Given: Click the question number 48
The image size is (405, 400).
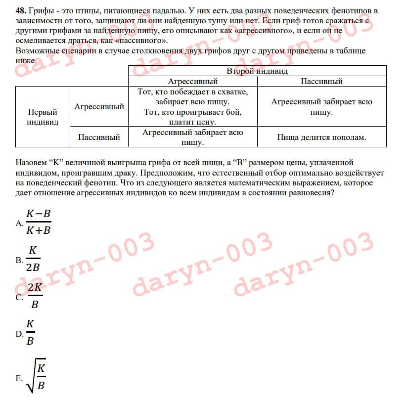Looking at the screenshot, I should [x=21, y=10].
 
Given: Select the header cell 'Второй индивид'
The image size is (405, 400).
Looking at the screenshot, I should [x=257, y=71].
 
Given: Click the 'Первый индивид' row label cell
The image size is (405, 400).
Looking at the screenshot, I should [x=42, y=117].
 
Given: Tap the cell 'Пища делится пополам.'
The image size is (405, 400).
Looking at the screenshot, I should [x=321, y=137].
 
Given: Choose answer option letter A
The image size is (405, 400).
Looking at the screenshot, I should [x=19, y=223].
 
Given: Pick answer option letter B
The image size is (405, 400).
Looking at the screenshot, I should [x=19, y=261].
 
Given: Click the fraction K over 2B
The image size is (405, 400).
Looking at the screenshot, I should [x=33, y=259].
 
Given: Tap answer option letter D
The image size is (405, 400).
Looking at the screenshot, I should [x=19, y=334].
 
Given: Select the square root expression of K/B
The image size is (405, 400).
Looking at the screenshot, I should [x=37, y=375].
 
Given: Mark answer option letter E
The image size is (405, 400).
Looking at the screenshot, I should [x=19, y=379].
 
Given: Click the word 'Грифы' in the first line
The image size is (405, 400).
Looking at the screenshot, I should [x=41, y=10].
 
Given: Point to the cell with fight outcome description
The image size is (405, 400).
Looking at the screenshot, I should [x=192, y=107].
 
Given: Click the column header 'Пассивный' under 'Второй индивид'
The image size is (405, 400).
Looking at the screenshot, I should [x=321, y=81].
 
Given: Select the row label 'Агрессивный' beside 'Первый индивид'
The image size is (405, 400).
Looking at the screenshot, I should [x=99, y=106].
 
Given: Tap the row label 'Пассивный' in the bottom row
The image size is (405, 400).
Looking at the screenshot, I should [x=99, y=137].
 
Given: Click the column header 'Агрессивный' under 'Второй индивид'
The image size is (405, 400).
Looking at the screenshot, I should [x=192, y=81].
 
